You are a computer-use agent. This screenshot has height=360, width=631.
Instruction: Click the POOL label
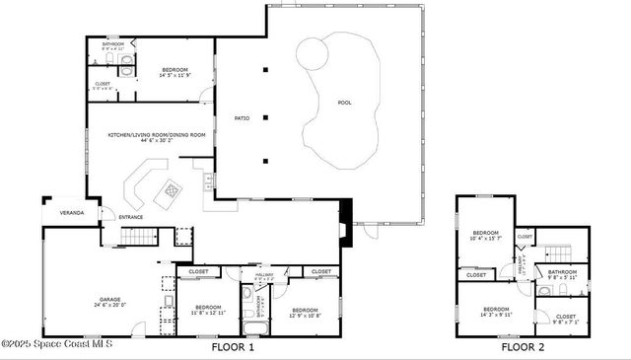pos(344,103)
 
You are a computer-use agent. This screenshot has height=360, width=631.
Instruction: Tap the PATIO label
pos(242,118)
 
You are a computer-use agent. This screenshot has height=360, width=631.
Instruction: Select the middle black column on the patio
pos(265,116)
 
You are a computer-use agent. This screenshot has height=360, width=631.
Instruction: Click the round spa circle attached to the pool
pos(313,51)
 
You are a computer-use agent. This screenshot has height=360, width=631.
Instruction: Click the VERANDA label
pos(72,213)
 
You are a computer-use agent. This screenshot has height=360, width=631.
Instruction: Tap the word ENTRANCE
pos(131,217)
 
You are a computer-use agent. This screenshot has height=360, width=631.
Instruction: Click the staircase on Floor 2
pos(558,253)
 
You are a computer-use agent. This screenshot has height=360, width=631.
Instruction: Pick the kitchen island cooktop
pos(174,186)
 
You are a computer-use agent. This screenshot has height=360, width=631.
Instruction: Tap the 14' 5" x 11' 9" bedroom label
pos(175,72)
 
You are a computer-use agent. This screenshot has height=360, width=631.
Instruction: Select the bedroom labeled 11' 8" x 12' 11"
pos(208,310)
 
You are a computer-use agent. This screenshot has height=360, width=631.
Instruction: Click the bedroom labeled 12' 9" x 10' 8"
pos(306,311)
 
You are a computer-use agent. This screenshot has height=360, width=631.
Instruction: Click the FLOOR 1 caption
pos(234,347)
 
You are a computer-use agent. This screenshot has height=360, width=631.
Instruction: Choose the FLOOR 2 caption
pos(523,347)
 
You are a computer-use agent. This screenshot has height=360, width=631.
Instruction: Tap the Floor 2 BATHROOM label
pos(562,274)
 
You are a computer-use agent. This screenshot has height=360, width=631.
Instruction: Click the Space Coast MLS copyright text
pos(57,344)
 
